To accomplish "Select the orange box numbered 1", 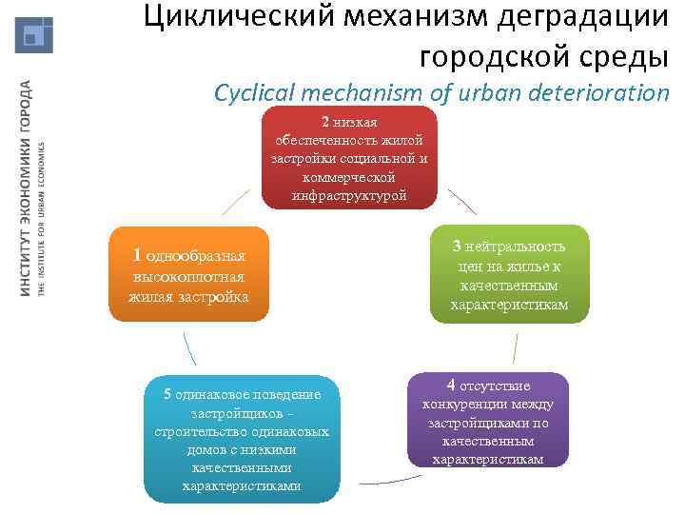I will [x=188, y=275].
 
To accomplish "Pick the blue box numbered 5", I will [x=242, y=439].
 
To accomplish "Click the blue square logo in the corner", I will [x=34, y=34].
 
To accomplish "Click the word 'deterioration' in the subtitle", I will [x=610, y=92].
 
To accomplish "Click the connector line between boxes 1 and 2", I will [x=236, y=200].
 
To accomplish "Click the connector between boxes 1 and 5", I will [x=188, y=348].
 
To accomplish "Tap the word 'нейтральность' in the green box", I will [x=519, y=245].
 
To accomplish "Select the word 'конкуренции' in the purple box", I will [x=487, y=404].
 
